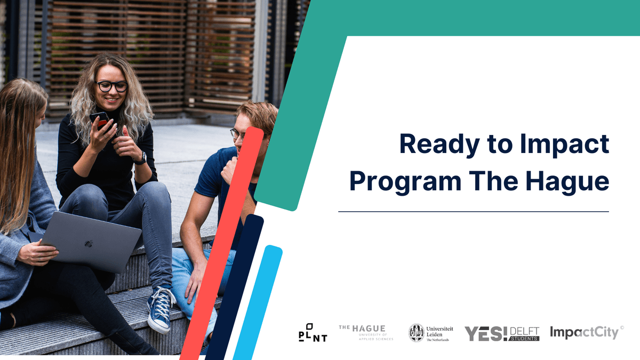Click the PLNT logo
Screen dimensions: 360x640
pyautogui.click(x=313, y=333)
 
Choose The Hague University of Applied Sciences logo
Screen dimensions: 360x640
pyautogui.click(x=366, y=332)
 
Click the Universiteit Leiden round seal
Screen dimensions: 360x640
pyautogui.click(x=416, y=333)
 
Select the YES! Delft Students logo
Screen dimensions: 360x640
pyautogui.click(x=501, y=333)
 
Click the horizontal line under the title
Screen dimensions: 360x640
pyautogui.click(x=473, y=212)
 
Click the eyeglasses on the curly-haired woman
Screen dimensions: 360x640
pyautogui.click(x=111, y=86)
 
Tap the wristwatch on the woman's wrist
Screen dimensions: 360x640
pyautogui.click(x=141, y=157)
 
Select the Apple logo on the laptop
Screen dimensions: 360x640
pyautogui.click(x=89, y=244)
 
